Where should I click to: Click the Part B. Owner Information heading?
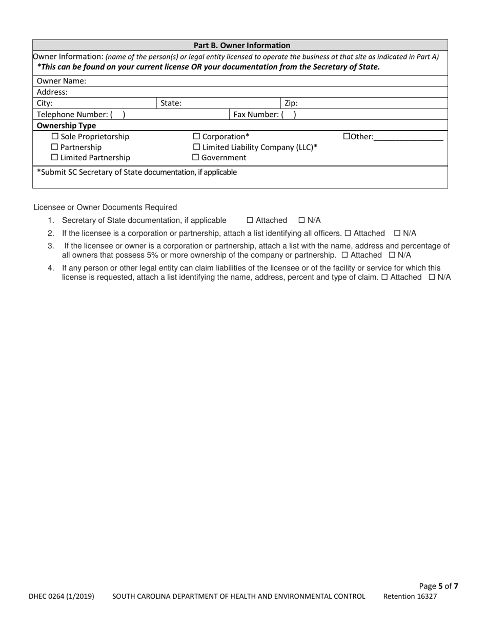tap(241, 45)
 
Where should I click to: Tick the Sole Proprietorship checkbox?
tap(55, 137)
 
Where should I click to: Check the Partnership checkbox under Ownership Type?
tap(55, 148)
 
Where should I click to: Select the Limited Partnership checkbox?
tap(55, 158)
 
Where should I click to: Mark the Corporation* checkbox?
tap(196, 137)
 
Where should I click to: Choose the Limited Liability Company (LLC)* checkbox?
tap(196, 148)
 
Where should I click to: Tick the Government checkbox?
tap(196, 158)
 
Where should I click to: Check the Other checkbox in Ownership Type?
tap(346, 137)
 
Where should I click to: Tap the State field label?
tap(171, 103)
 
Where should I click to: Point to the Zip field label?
tap(291, 103)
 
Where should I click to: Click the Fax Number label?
tap(256, 115)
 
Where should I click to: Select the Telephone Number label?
tap(72, 115)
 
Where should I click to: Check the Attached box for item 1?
tap(250, 220)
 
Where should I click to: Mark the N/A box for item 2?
tap(397, 233)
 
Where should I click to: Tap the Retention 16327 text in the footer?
tap(410, 596)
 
